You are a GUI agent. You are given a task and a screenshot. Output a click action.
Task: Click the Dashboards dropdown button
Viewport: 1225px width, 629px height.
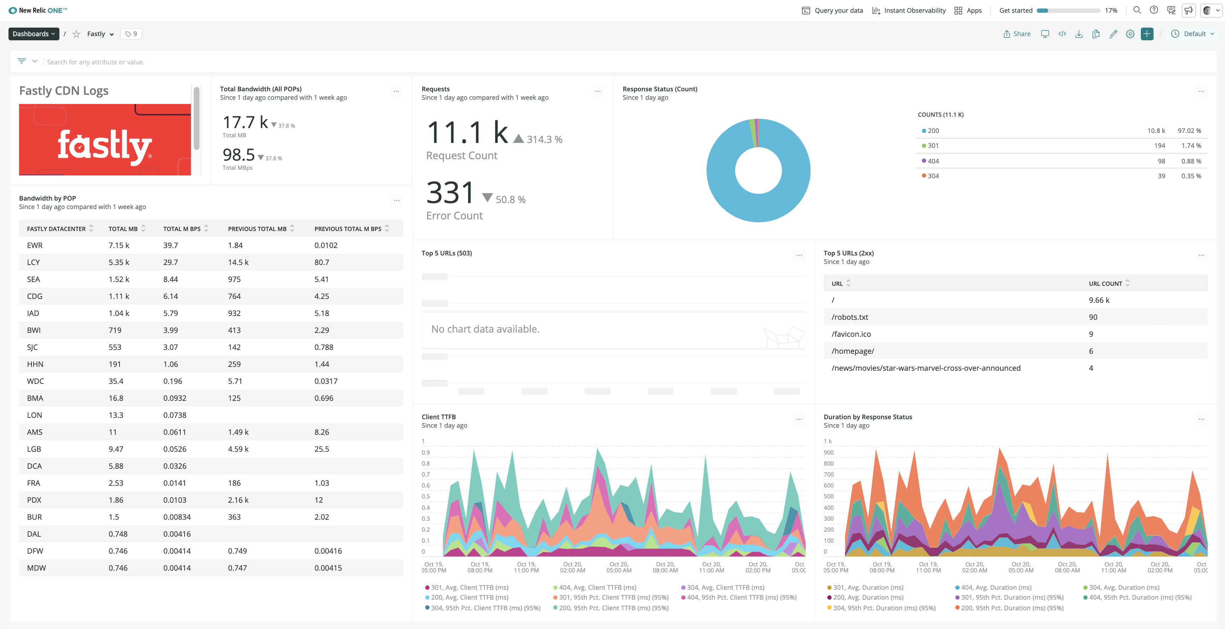[33, 34]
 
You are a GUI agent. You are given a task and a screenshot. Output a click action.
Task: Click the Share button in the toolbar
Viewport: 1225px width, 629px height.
[1017, 34]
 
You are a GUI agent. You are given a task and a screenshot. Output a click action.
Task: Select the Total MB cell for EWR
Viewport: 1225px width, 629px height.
[118, 246]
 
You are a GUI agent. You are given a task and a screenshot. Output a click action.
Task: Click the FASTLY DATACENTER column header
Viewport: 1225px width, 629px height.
[56, 229]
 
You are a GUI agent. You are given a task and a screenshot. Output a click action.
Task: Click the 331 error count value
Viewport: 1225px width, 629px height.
[450, 193]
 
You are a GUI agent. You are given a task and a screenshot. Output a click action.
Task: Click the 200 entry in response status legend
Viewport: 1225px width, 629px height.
[933, 131]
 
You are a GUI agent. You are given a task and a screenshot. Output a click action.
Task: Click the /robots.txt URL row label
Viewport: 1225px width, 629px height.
[849, 317]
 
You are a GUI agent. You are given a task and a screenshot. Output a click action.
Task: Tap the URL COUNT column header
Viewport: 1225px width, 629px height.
[1105, 284]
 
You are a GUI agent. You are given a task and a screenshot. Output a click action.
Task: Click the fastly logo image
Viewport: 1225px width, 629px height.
[105, 140]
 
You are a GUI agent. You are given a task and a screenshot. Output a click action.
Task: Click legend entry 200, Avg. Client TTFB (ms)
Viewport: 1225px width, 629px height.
[469, 598]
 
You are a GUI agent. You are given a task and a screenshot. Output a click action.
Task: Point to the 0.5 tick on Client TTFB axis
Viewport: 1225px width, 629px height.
[426, 496]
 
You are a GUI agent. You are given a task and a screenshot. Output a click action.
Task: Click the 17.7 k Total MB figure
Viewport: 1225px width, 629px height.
[245, 122]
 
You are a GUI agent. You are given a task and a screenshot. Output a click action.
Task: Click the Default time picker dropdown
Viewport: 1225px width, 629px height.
[1194, 34]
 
